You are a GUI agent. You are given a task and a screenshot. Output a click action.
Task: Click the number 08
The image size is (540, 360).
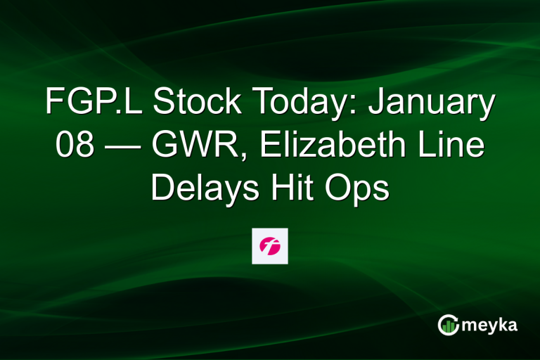coord(74,148)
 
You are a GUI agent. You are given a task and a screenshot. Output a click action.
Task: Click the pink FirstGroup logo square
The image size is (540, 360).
coord(270,246)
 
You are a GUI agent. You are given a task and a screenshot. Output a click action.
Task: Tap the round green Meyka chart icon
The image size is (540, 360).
coord(449,325)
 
